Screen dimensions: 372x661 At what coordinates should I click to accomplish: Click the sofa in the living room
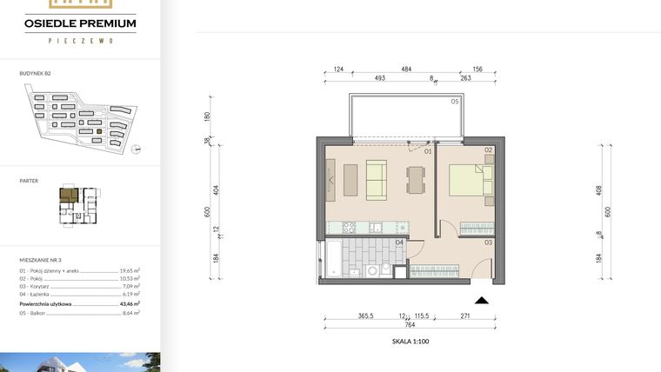coord(377,180)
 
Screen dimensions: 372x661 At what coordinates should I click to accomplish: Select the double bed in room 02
coord(470,181)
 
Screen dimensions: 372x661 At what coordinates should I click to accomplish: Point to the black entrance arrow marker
coord(482,300)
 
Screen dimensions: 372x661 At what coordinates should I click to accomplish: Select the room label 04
coord(398,242)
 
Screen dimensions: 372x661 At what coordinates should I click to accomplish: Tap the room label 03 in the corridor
coord(489,242)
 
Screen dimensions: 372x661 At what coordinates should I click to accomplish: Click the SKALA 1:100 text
coord(411,342)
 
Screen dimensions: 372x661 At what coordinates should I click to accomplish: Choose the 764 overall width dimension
coord(408,325)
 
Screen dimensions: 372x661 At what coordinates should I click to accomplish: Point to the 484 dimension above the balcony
coord(406,69)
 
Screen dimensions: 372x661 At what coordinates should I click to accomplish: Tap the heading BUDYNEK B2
coord(37,76)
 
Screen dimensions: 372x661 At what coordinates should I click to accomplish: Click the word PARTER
coord(29,181)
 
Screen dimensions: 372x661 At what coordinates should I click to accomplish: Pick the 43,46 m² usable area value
coord(131,303)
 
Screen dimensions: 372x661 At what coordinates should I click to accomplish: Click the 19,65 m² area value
coord(130,271)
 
